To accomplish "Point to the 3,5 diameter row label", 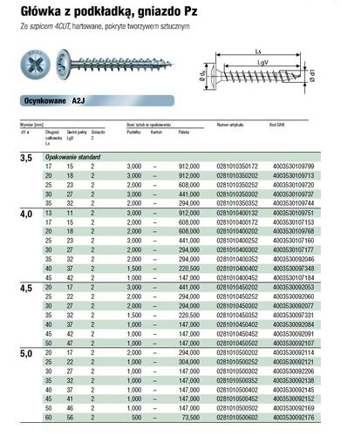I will coord(27,159).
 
